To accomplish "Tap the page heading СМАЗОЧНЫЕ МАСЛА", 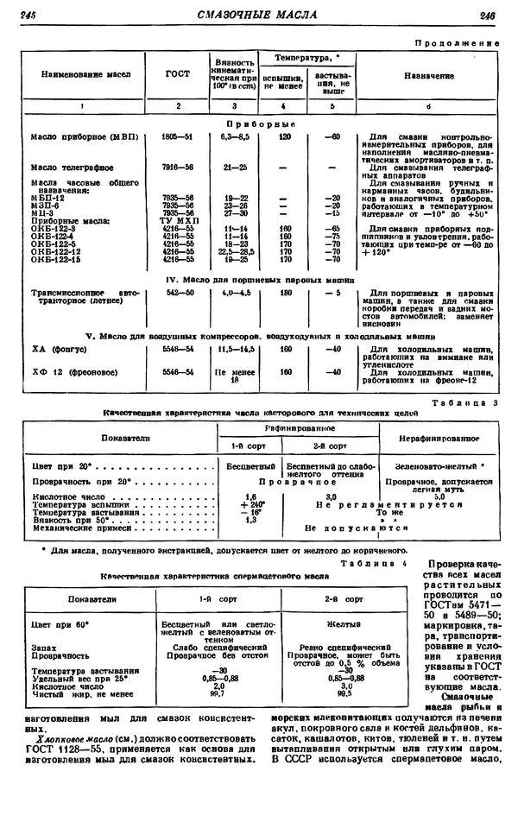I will pyautogui.click(x=256, y=15).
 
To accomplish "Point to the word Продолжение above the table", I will pyautogui.click(x=458, y=41).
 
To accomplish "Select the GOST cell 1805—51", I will pyautogui.click(x=178, y=137).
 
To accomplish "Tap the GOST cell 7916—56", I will pyautogui.click(x=178, y=167).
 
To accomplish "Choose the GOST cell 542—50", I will pyautogui.click(x=178, y=294).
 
